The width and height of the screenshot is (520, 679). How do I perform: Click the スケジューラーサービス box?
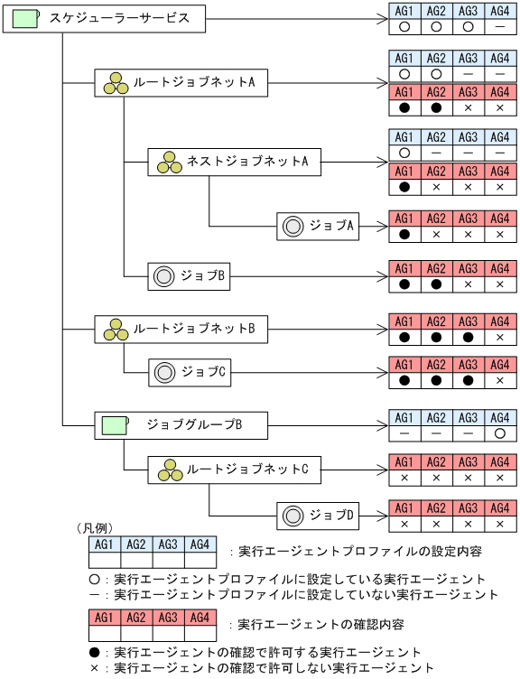coord(106,18)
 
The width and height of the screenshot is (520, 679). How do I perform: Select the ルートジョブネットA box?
coord(180,83)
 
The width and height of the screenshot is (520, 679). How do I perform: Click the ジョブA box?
coord(318,227)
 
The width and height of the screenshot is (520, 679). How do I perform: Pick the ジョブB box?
coord(189,276)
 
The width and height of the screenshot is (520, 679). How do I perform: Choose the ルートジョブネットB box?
coord(180,330)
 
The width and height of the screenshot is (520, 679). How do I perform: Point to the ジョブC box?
coord(189,370)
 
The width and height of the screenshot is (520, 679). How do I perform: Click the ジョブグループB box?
coord(180,423)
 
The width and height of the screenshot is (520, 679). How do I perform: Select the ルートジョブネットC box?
coord(234,470)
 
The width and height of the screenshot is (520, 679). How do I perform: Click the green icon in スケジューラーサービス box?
coord(24,18)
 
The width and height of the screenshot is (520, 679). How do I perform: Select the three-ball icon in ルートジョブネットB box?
coord(115,330)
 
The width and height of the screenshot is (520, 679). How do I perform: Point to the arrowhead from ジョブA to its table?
coord(383,227)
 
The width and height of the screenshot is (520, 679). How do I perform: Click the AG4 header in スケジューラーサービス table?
coord(499,11)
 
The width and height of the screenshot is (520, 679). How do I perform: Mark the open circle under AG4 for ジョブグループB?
coord(499,433)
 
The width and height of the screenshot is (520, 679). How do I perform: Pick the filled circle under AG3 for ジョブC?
coord(468,380)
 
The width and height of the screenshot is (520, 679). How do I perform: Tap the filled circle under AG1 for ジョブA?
coord(404,235)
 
